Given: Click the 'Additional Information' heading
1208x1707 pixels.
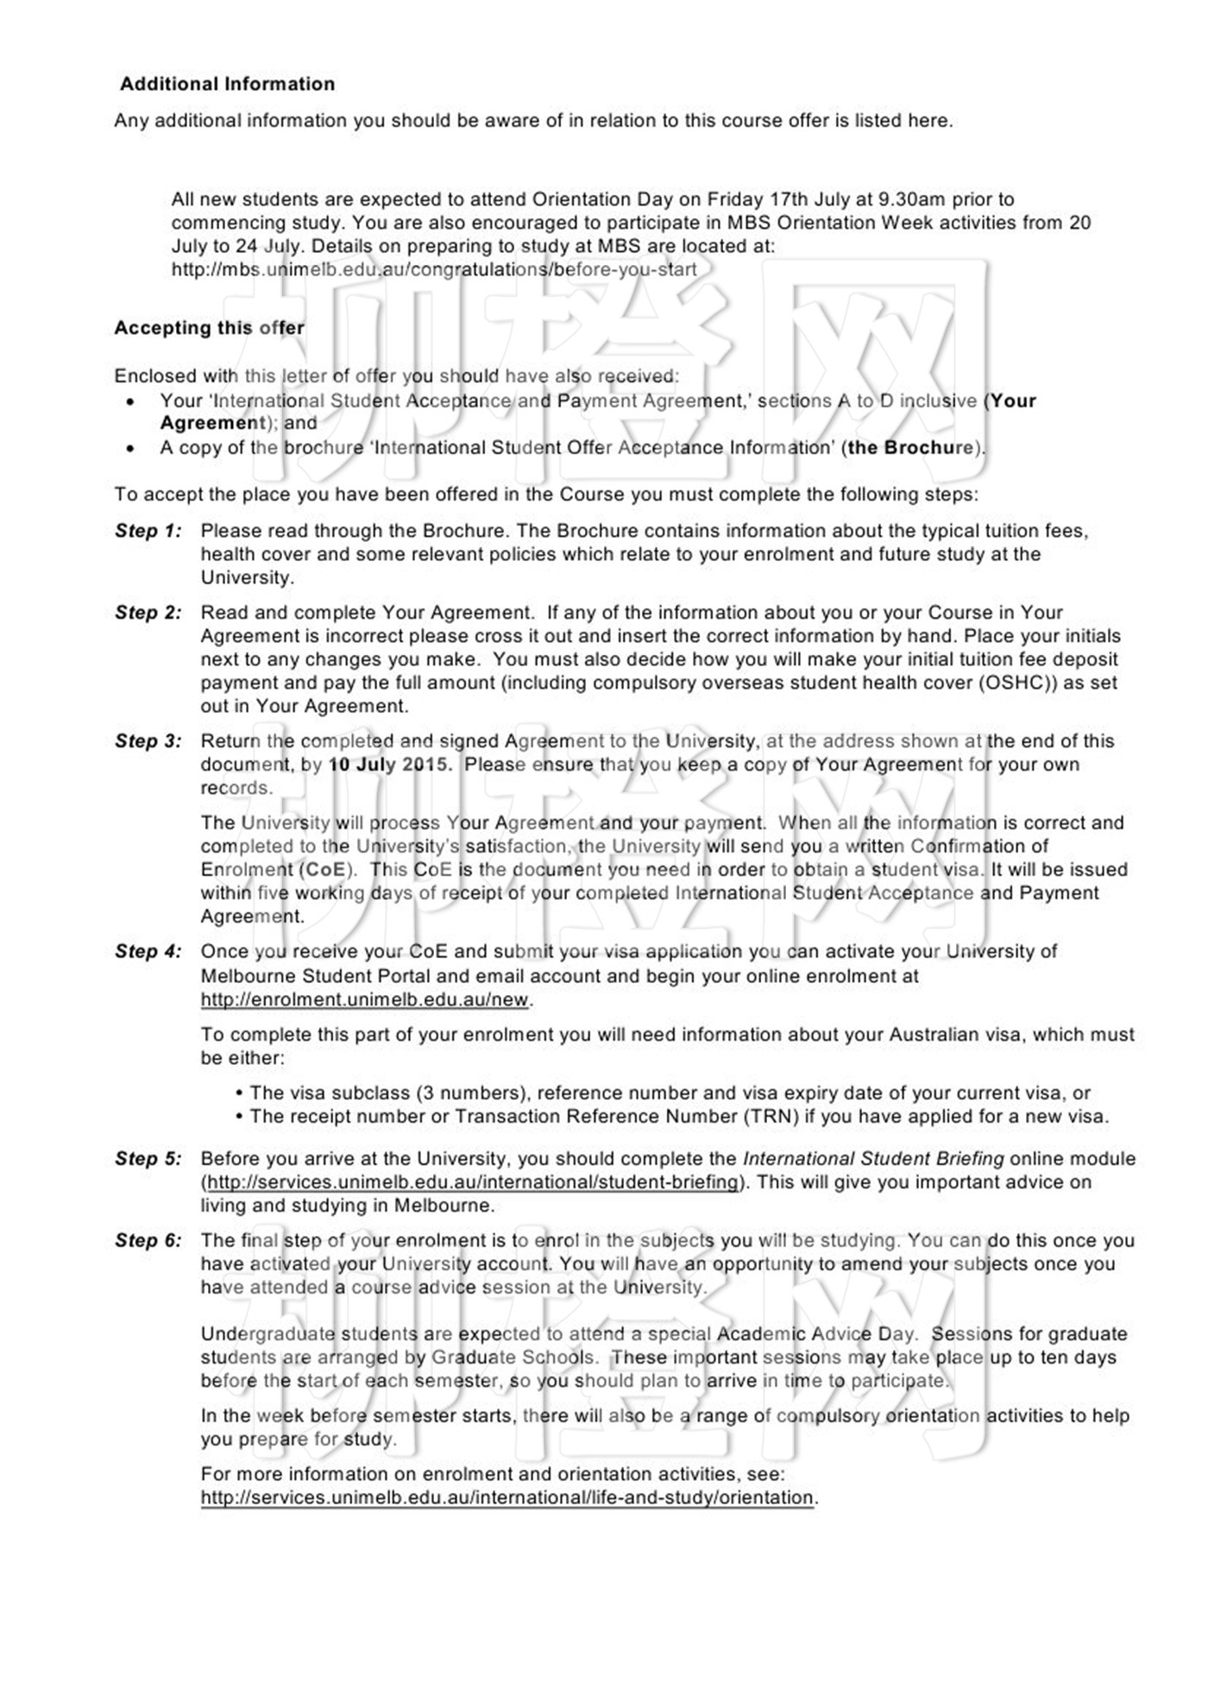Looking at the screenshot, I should pyautogui.click(x=227, y=84).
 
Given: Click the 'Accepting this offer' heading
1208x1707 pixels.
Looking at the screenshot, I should pyautogui.click(x=209, y=328).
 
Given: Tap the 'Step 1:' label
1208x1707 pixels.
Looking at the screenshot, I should pyautogui.click(x=148, y=531).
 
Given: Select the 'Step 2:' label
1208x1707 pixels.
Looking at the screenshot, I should pyautogui.click(x=148, y=613).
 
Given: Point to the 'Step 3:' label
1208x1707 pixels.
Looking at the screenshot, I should pyautogui.click(x=148, y=741).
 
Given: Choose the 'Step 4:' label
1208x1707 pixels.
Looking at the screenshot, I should pyautogui.click(x=148, y=952).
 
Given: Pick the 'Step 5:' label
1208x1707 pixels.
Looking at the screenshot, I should pyautogui.click(x=148, y=1159).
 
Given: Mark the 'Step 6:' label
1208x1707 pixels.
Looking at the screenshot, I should pyautogui.click(x=148, y=1241).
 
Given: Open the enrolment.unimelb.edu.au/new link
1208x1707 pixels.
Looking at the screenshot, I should pyautogui.click(x=364, y=999).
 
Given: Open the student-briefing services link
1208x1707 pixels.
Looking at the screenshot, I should pyautogui.click(x=474, y=1182).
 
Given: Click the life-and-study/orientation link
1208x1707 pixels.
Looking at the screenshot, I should pyautogui.click(x=506, y=1497).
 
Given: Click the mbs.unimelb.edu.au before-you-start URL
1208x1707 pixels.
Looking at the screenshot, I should pyautogui.click(x=433, y=269).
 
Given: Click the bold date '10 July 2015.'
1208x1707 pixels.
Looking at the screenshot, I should pyautogui.click(x=390, y=765).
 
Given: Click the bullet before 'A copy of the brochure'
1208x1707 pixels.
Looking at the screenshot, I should pyautogui.click(x=130, y=449).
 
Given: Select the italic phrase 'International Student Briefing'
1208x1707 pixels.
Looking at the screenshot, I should pyautogui.click(x=873, y=1159).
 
